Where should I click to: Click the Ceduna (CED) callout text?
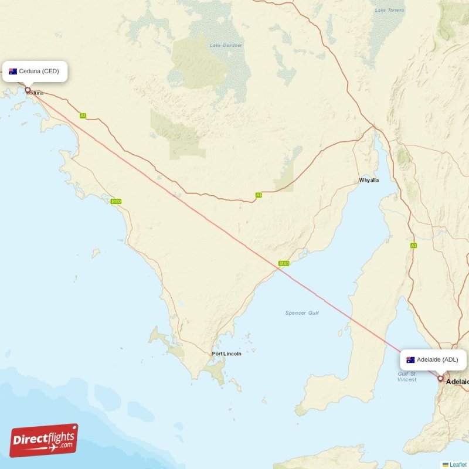point(39,72)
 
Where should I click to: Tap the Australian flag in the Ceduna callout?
point(13,72)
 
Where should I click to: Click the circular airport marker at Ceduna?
point(28,90)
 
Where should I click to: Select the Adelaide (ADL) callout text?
point(437,359)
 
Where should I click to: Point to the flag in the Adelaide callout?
point(410,359)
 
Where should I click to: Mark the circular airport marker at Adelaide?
point(440,379)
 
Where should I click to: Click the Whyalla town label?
point(369,180)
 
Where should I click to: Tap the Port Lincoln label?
point(226,354)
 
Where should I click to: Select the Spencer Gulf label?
point(302,313)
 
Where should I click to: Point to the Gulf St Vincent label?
point(407,376)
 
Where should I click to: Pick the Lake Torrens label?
point(389,10)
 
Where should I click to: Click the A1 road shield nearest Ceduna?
point(83,115)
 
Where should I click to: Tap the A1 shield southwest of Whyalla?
point(258,195)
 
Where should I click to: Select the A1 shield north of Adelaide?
point(413,246)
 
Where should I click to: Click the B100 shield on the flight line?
point(284,264)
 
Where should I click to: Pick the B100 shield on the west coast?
point(116,202)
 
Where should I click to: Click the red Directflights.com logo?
point(44,440)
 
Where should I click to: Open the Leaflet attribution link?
point(458,464)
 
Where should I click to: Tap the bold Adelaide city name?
point(457,382)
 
